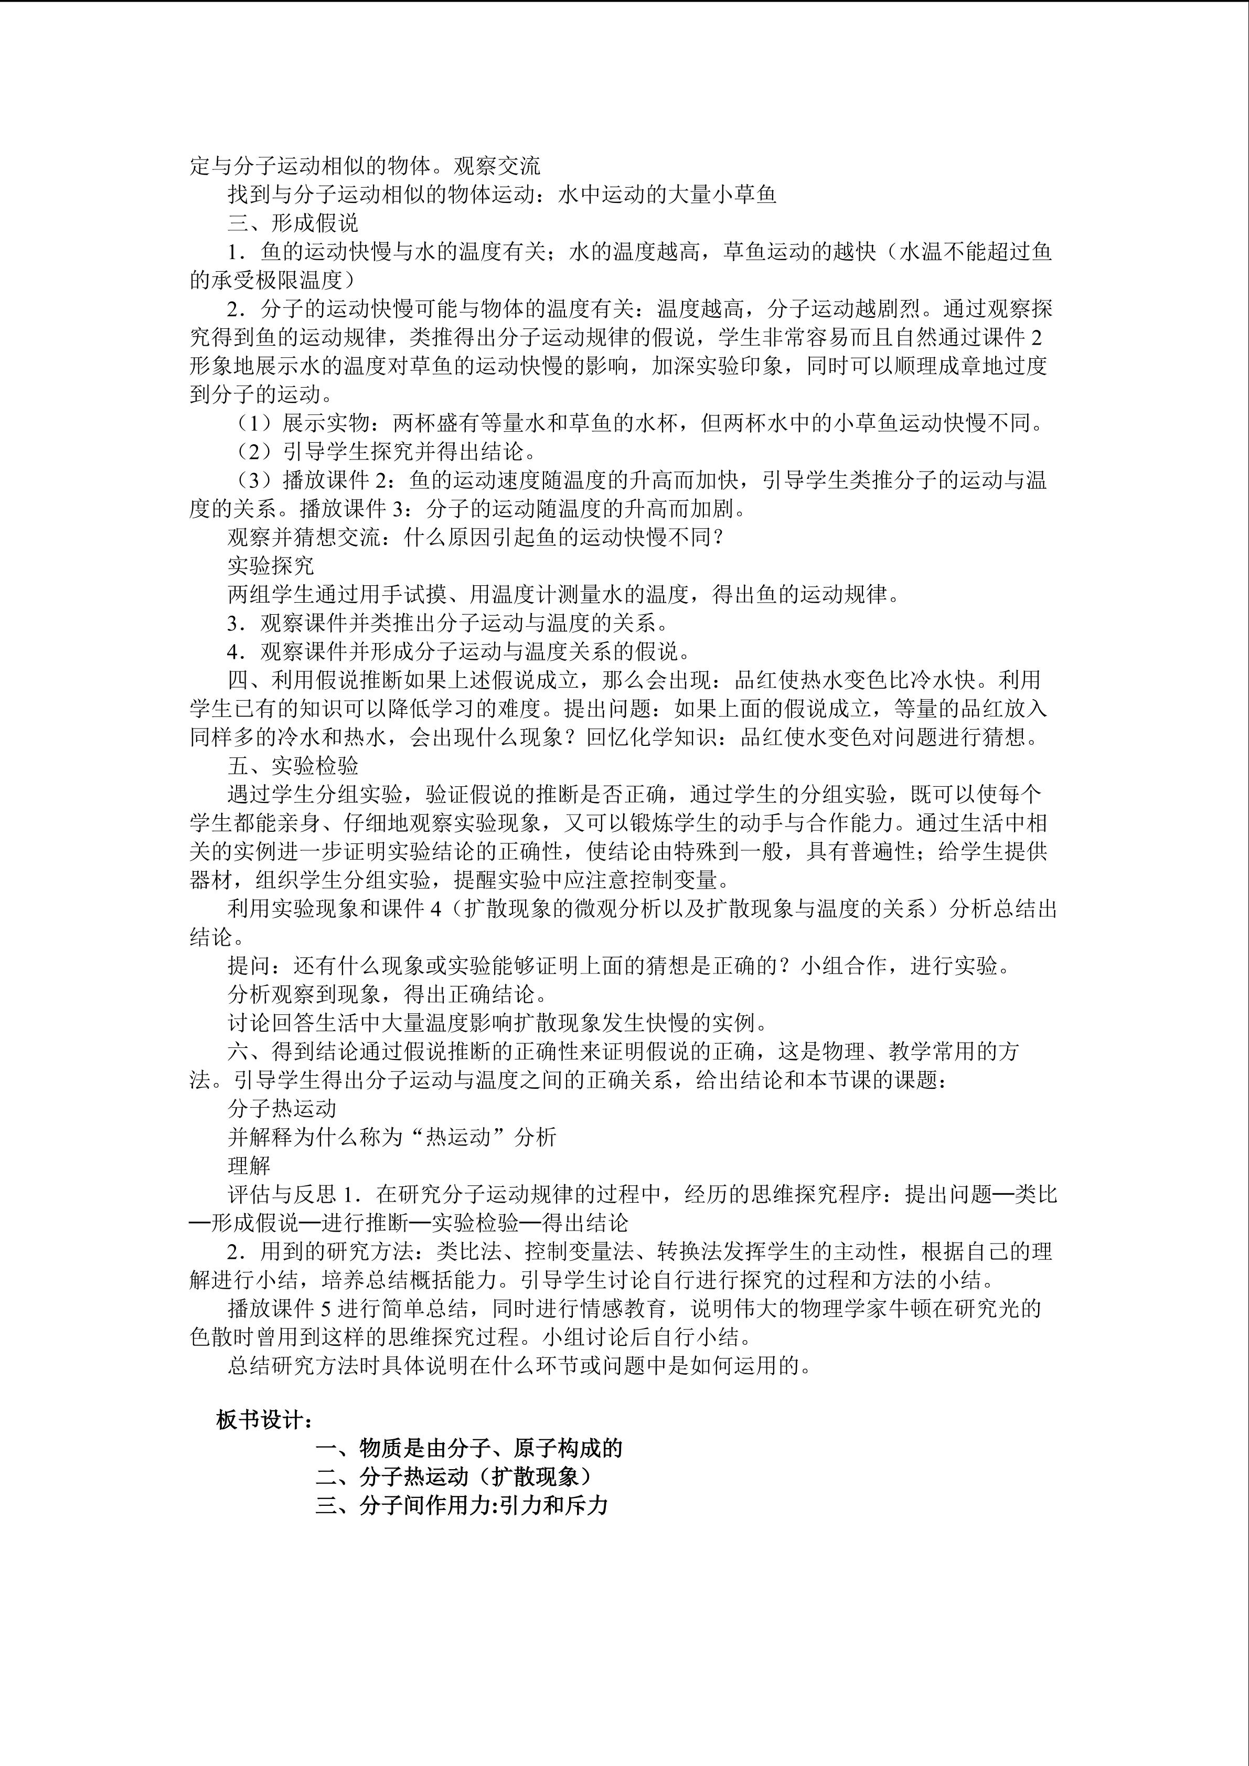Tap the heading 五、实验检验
click(x=293, y=765)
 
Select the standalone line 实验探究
click(x=271, y=565)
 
